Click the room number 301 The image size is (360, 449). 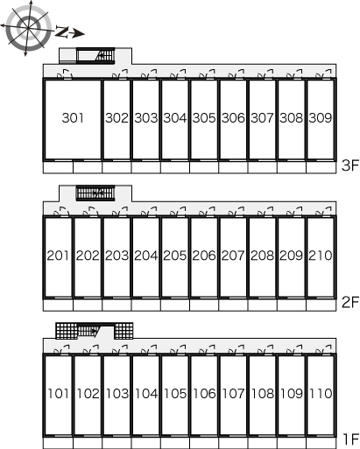(x=73, y=118)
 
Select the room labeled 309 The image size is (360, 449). (x=321, y=118)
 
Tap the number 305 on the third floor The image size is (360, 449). (x=204, y=118)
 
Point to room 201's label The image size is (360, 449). (x=58, y=256)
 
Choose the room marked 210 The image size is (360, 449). (x=321, y=256)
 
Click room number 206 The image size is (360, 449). (x=204, y=256)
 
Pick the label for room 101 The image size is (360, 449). (x=59, y=393)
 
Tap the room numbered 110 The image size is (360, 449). (x=321, y=393)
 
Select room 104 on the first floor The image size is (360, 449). (x=146, y=393)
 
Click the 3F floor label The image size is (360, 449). (x=350, y=165)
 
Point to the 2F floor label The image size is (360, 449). (x=350, y=303)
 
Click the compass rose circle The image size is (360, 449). (x=28, y=28)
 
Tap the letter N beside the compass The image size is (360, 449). (x=61, y=32)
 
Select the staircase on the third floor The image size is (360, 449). (x=95, y=55)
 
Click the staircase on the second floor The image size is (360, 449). (x=95, y=193)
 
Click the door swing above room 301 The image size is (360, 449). (x=65, y=74)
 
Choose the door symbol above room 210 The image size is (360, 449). (x=324, y=212)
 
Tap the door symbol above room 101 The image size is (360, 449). (x=61, y=349)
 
